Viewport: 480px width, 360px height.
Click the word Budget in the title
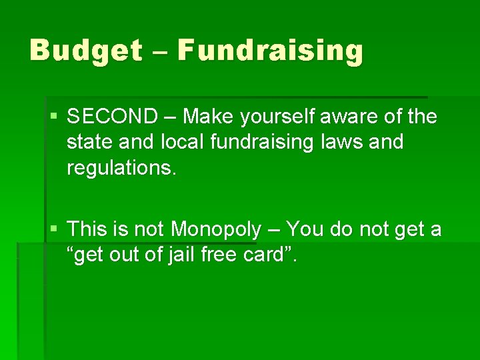(x=85, y=51)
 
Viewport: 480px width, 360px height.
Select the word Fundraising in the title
(x=271, y=51)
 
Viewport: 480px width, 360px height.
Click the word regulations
(x=121, y=168)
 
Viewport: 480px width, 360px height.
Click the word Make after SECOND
(x=204, y=117)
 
